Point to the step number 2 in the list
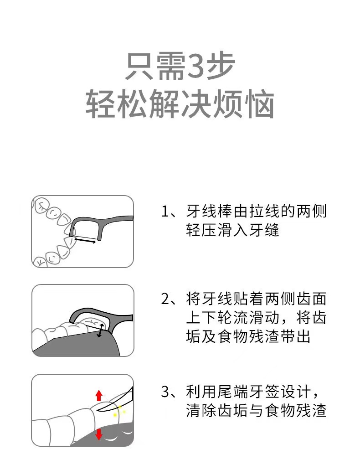pos(165,299)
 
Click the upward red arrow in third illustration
pos(99,396)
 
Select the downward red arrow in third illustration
pos(99,435)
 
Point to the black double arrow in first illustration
pos(85,240)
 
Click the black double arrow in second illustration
pos(100,330)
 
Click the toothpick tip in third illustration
pos(98,410)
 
